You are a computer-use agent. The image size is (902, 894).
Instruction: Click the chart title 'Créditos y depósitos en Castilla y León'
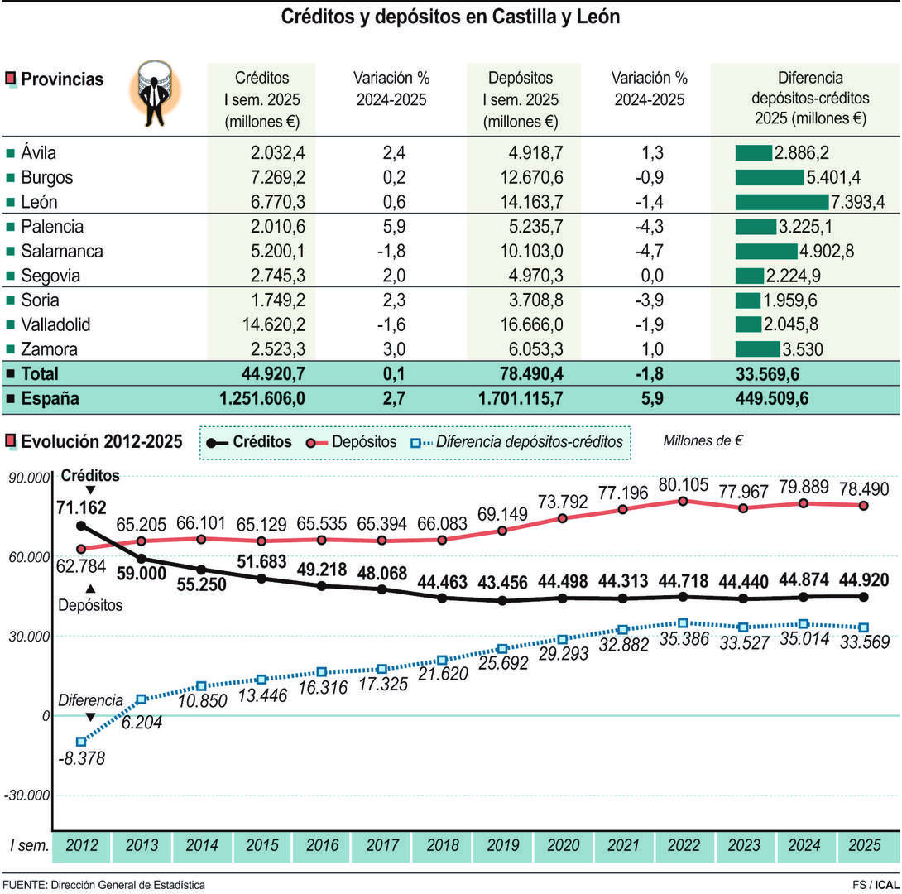(x=450, y=17)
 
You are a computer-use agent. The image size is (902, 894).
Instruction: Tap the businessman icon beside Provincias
(x=155, y=94)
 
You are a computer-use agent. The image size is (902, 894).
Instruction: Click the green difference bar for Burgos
(x=769, y=177)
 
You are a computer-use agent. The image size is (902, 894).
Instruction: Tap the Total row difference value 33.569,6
(x=767, y=373)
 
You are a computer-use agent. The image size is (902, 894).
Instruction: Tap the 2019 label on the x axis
(x=502, y=845)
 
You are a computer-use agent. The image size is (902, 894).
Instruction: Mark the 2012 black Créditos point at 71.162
(x=81, y=526)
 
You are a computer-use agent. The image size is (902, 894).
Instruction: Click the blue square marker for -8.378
(x=81, y=742)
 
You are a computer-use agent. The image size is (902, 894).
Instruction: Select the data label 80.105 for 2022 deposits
(x=682, y=483)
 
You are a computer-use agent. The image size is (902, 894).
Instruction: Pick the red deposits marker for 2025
(x=863, y=505)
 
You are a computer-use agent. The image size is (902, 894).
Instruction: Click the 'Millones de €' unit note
(x=703, y=440)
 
